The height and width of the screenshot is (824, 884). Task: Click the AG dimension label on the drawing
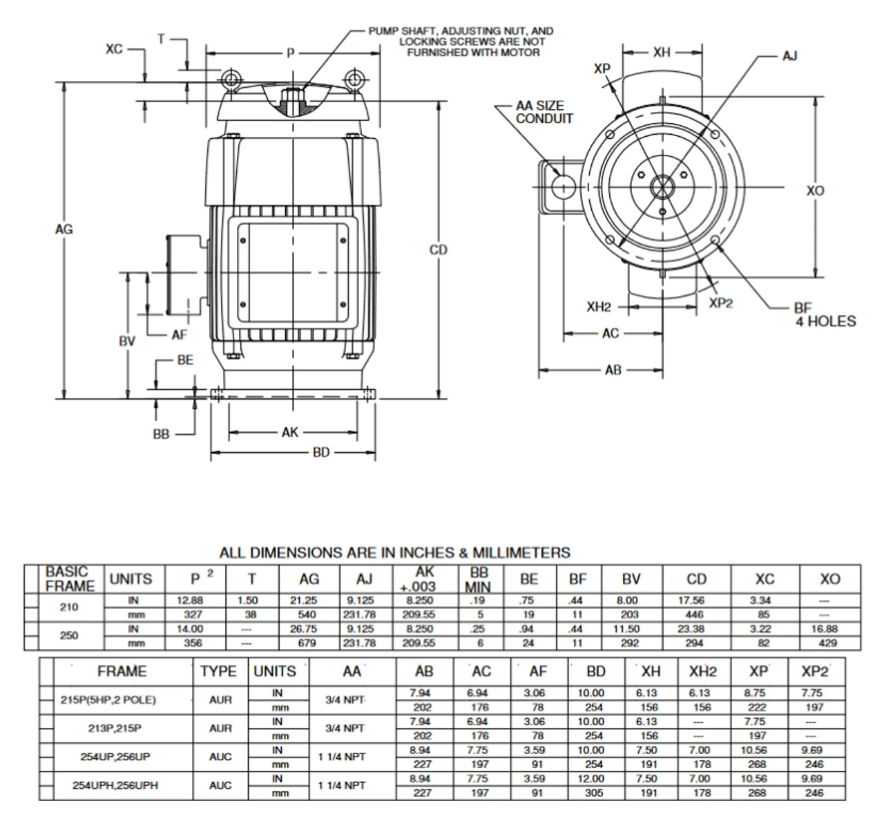64,230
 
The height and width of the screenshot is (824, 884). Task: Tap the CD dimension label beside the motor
439,250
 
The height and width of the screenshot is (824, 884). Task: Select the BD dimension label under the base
321,453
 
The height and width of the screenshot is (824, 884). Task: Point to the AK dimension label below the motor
290,432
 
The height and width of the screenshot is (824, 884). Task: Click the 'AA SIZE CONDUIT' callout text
544,112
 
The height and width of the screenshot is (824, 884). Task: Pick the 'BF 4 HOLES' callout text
824,315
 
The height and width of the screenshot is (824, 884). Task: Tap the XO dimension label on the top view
815,190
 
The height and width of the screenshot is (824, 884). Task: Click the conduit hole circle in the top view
564,186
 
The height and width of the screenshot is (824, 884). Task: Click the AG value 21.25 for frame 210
308,601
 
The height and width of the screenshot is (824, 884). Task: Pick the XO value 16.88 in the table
829,629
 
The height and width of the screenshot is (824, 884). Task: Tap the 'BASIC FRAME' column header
70,579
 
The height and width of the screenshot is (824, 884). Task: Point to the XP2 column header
814,671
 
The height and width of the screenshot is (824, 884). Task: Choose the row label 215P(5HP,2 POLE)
108,700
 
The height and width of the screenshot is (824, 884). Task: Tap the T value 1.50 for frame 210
251,601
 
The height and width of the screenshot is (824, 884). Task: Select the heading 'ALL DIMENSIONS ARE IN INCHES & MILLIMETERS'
394,553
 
